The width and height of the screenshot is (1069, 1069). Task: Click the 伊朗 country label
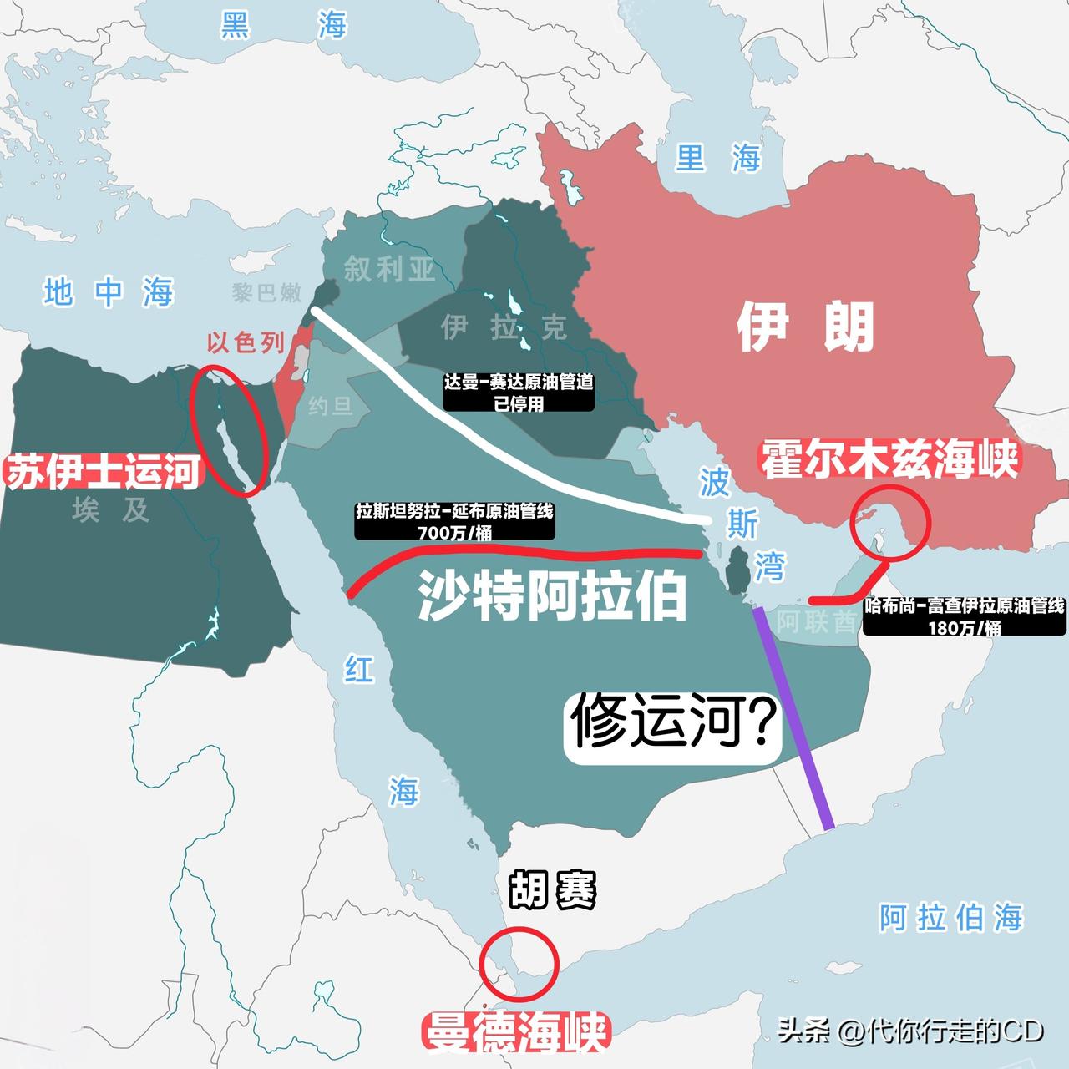pyautogui.click(x=805, y=327)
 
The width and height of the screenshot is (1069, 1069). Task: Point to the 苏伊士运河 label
pyautogui.click(x=104, y=472)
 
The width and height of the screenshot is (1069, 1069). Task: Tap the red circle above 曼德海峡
pyautogui.click(x=519, y=962)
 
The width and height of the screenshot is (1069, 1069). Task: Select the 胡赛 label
pyautogui.click(x=552, y=890)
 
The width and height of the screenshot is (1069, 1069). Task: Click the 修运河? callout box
pyautogui.click(x=674, y=724)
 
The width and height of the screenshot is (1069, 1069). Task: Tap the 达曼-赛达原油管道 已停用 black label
pyautogui.click(x=519, y=393)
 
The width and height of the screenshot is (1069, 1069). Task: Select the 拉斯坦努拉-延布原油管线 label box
pyautogui.click(x=454, y=521)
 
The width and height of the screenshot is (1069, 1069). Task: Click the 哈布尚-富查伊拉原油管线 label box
pyautogui.click(x=965, y=616)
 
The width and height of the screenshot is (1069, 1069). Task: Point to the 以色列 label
pyautogui.click(x=246, y=342)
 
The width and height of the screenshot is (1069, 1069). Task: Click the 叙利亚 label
pyautogui.click(x=389, y=269)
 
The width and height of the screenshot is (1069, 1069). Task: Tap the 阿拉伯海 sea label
pyautogui.click(x=950, y=918)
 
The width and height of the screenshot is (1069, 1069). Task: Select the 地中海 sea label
pyautogui.click(x=109, y=293)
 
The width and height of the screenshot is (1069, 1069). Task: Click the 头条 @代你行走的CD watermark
pyautogui.click(x=910, y=1031)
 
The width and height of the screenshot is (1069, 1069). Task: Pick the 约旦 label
pyautogui.click(x=331, y=407)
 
